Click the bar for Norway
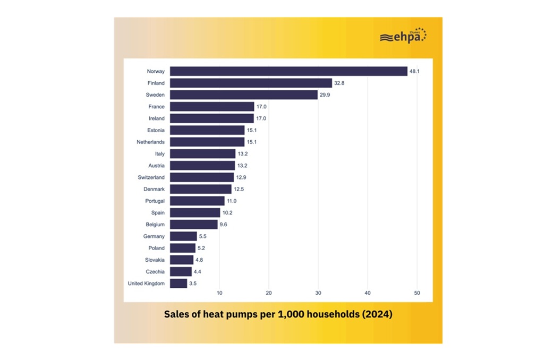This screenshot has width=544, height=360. [x=288, y=71]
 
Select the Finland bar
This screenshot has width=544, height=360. [x=251, y=83]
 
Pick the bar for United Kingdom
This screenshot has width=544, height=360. [x=178, y=284]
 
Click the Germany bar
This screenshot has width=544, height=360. [x=183, y=236]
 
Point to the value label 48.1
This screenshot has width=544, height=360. [x=414, y=71]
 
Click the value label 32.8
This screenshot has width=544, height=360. [x=339, y=83]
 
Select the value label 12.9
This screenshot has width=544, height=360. [x=241, y=177]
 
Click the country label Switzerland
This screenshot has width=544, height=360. [x=151, y=177]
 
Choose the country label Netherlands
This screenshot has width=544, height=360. [x=150, y=142]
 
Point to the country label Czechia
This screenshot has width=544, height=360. [x=155, y=272]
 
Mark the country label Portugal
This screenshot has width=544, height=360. [x=155, y=201]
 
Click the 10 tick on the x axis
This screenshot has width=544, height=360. [x=219, y=293]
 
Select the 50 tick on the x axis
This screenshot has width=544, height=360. [x=417, y=293]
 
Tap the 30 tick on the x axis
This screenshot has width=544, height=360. [x=318, y=293]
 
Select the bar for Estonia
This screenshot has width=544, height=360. [x=207, y=130]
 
